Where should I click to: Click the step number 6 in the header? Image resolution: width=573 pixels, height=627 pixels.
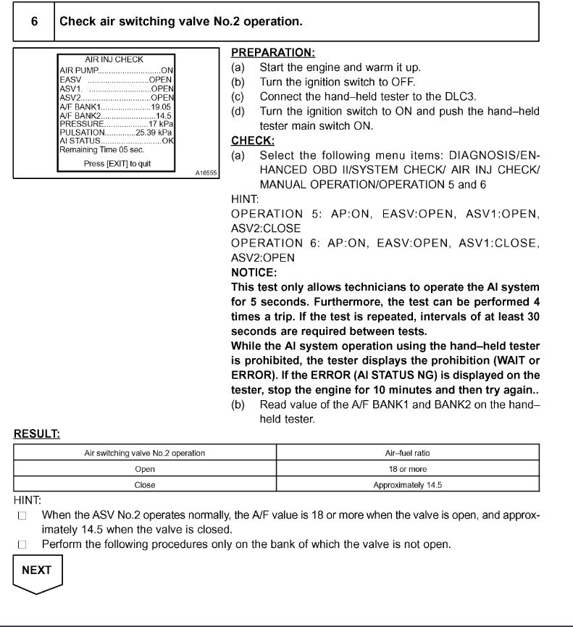point(35,22)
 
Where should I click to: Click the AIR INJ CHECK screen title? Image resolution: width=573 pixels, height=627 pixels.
point(114,59)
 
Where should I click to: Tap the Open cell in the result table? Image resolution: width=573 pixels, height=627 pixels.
point(145,470)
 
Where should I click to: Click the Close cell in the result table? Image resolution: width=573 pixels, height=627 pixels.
point(145,485)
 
